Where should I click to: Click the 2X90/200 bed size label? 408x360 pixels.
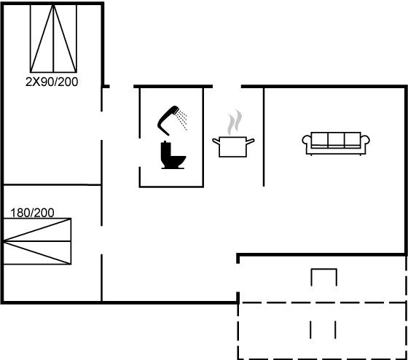pos(52,82)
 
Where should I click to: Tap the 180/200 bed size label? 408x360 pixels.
pos(32,213)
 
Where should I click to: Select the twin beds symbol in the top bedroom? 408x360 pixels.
pos(53,39)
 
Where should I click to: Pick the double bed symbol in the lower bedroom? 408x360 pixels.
pos(37,241)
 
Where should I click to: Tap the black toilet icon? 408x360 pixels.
pos(173,155)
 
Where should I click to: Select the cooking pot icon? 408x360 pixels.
pos(233,146)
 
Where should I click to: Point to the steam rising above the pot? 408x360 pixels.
pos(235,122)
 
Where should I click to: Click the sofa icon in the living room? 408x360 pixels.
pos(336,144)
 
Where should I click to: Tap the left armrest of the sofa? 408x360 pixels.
pos(307,142)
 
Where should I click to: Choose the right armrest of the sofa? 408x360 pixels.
pos(365,142)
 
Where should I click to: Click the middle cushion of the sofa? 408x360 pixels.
pos(336,140)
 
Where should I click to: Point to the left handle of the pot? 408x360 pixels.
pos(216,141)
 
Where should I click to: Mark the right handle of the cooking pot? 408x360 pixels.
pos(251,141)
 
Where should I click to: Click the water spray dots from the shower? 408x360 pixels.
pos(182,120)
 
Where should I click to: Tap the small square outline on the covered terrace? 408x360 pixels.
pos(324,269)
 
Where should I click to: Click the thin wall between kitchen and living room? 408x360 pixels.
pos(264,137)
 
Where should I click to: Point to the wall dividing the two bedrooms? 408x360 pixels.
pos(52,184)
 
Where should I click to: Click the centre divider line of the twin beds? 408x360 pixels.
pos(53,39)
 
